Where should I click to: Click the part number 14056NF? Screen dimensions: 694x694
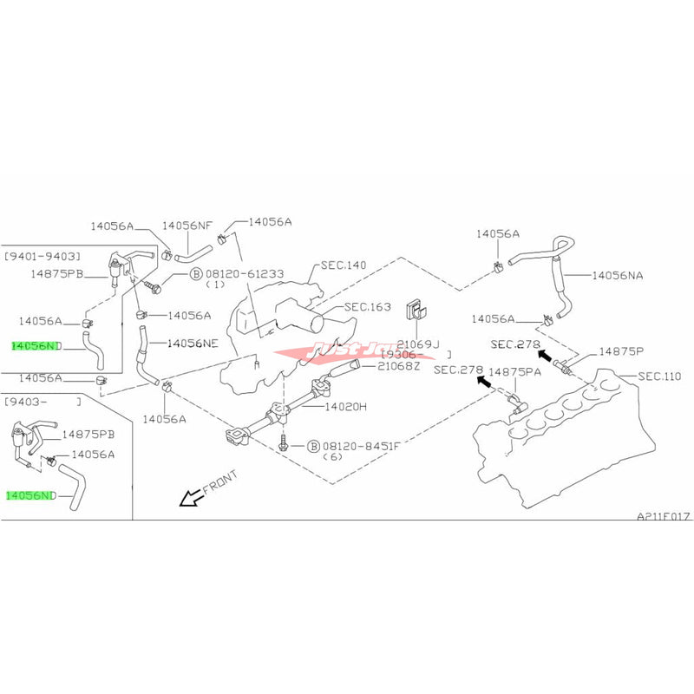[188, 226]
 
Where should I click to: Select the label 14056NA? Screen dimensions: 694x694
[618, 275]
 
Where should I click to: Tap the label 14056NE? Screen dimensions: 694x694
[192, 343]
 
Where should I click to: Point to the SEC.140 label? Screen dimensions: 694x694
[343, 264]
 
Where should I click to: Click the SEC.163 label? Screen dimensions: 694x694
[368, 306]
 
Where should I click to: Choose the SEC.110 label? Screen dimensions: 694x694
[659, 376]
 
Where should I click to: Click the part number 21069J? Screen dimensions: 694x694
[418, 344]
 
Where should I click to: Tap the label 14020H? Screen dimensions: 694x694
[346, 405]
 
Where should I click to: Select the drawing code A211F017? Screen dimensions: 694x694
[664, 515]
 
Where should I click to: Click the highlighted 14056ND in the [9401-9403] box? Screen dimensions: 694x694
[36, 345]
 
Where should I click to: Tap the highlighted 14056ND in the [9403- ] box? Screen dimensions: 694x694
[30, 495]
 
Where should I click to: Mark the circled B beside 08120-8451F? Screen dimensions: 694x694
[313, 446]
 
